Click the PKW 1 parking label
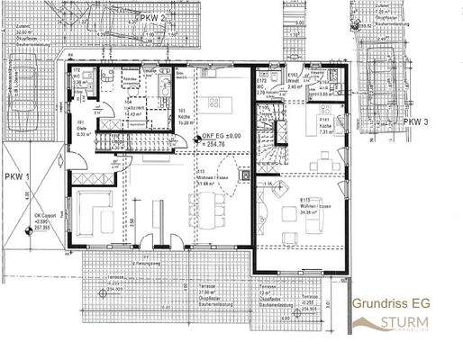[16, 176]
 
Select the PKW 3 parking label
[414, 121]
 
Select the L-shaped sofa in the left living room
[93, 211]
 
